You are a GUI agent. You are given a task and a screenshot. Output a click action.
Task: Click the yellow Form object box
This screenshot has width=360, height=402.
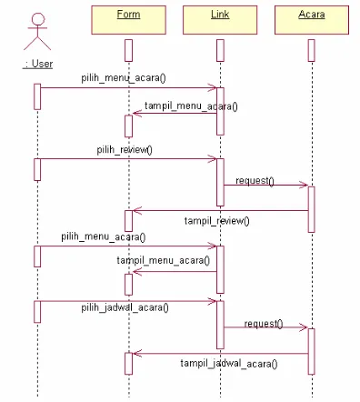point(128,20)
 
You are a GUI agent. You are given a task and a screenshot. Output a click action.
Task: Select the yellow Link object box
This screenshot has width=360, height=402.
point(220,20)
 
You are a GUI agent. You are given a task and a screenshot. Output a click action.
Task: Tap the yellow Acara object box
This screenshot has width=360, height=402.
point(312,20)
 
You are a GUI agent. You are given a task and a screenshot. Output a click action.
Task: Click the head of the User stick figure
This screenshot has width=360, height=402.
point(38,19)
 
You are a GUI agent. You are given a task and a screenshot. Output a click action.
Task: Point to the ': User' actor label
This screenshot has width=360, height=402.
point(37,64)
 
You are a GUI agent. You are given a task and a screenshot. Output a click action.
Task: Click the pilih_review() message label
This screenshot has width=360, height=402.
point(125,150)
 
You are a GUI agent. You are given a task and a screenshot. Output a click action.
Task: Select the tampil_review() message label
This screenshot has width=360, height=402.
point(216,221)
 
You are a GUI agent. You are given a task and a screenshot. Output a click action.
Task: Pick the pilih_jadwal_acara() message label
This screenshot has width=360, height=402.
point(125,307)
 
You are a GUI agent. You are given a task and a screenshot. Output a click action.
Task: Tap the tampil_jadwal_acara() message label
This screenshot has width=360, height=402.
point(229,363)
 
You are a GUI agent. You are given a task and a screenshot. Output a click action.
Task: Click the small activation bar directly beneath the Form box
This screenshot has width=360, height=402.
point(128,50)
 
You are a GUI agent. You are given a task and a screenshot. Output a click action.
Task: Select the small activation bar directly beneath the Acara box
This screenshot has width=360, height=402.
point(311,50)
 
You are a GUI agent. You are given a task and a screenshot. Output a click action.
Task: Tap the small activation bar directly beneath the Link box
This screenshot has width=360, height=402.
point(220,50)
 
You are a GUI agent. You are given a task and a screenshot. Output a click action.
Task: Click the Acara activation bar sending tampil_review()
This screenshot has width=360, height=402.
point(311,209)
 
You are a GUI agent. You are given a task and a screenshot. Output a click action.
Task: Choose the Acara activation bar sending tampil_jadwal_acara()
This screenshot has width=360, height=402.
point(311,351)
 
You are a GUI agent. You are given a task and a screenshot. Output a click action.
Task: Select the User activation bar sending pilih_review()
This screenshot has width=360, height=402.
point(37,169)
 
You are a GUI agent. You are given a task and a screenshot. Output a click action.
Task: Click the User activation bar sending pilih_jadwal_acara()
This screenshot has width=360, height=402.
point(37,312)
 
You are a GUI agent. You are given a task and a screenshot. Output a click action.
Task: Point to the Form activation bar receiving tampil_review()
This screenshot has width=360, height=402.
point(128,221)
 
